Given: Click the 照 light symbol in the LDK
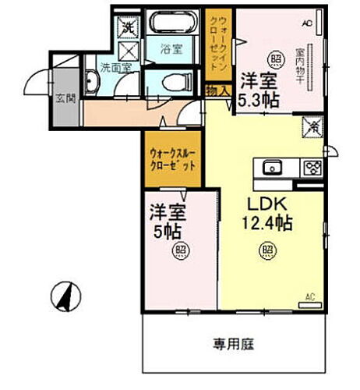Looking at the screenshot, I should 266,250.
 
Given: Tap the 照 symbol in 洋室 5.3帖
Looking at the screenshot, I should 275,58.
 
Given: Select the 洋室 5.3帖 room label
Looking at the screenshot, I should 258,89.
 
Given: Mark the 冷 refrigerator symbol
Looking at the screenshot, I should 312,123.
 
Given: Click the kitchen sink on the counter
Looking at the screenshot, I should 273,166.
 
